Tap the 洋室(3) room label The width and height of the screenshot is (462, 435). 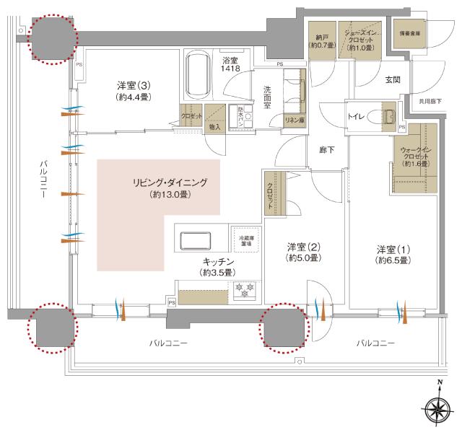(134, 89)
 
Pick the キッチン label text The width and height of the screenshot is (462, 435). (217, 267)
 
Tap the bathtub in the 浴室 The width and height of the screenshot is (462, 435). (197, 76)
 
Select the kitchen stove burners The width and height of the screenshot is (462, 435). (243, 291)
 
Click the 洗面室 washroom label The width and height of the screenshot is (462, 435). (266, 97)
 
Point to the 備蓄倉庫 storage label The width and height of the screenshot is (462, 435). (409, 32)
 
